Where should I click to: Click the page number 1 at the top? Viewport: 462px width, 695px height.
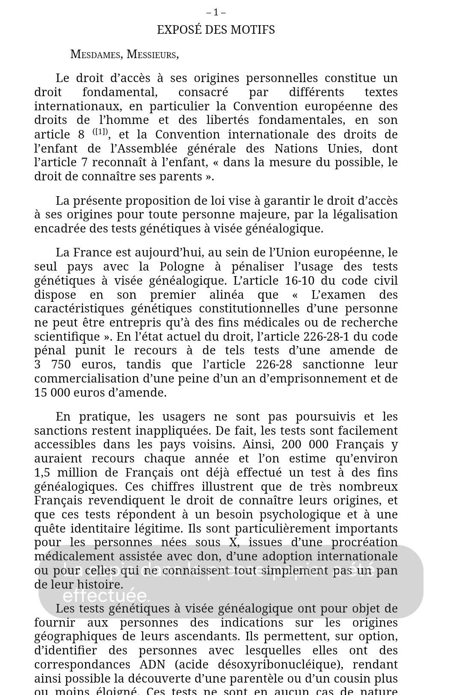point(216,12)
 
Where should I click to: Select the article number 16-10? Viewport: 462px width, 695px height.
point(301,281)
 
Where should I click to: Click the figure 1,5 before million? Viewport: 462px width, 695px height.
point(42,473)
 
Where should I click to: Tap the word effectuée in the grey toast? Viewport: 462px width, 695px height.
point(106,595)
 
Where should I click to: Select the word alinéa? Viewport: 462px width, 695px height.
point(227,295)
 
